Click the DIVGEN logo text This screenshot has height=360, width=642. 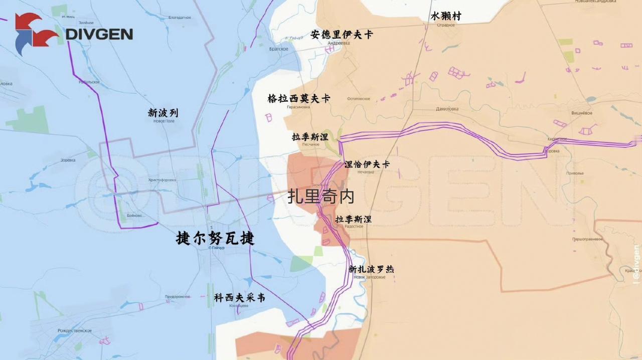tap(99, 34)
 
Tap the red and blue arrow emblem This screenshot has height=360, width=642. tap(35, 33)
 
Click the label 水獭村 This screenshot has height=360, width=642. tap(445, 17)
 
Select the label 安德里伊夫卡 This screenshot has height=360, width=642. tap(342, 35)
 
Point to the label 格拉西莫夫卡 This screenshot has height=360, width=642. tap(298, 99)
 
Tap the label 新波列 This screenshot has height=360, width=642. tap(163, 113)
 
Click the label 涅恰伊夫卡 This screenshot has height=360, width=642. tap(367, 164)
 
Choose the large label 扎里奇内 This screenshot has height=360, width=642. tap(321, 197)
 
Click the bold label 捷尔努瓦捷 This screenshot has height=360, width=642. tap(215, 238)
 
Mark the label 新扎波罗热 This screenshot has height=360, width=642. tap(371, 269)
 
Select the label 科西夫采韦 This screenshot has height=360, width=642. tap(239, 298)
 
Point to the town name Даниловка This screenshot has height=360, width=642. tap(447, 109)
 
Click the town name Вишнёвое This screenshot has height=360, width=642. tap(582, 113)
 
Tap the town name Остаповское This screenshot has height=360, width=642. tap(358, 99)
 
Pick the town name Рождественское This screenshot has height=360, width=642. tap(75, 330)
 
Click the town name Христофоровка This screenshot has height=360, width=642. tap(162, 179)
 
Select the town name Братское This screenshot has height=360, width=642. tap(278, 49)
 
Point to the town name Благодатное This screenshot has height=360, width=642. tap(179, 18)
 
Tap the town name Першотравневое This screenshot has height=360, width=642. tap(587, 239)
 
